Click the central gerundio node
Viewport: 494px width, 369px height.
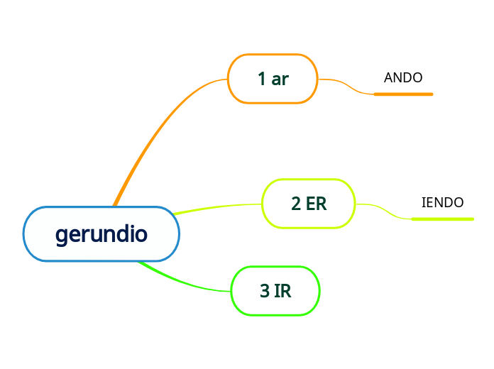click(x=101, y=234)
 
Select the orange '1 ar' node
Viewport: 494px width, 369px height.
click(x=273, y=79)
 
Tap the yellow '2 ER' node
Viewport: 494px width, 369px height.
click(x=309, y=204)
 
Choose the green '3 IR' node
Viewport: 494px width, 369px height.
click(x=275, y=291)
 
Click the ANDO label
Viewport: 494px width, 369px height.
click(x=403, y=78)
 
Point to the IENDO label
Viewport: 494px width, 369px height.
click(x=442, y=203)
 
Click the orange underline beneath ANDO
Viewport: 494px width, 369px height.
click(x=403, y=94)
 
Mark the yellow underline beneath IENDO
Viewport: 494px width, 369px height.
click(x=442, y=219)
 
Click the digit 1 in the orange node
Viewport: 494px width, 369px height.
click(x=262, y=79)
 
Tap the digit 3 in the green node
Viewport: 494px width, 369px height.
click(x=265, y=291)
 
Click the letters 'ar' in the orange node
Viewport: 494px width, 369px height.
click(x=280, y=79)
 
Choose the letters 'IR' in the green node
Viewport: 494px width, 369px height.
click(x=282, y=291)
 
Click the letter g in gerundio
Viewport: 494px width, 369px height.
click(x=61, y=236)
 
